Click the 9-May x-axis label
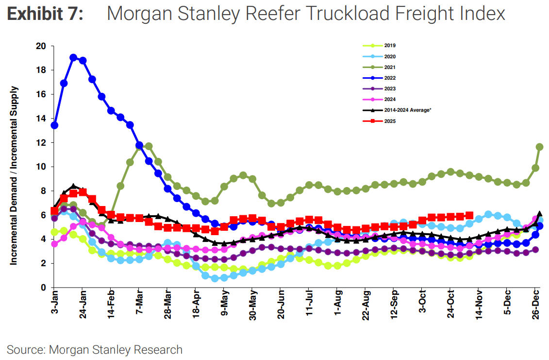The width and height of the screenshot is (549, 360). tap(224, 305)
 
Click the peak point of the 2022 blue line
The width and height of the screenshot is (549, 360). tap(73, 57)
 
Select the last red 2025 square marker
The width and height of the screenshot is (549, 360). tap(469, 215)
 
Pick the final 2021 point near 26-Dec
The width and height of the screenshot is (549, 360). tap(539, 147)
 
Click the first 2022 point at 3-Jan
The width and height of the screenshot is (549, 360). tap(54, 125)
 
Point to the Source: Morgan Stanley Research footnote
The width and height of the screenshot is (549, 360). tap(95, 349)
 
